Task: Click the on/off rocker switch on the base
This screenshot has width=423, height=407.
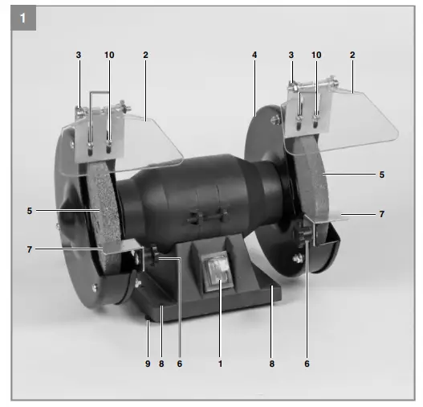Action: coord(218,271)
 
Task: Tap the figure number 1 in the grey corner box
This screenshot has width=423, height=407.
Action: coord(23,18)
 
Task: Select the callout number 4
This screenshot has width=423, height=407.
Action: coord(254,55)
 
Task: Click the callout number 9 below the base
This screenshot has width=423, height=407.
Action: coord(148,364)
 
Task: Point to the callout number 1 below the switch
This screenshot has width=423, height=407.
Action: coord(220,364)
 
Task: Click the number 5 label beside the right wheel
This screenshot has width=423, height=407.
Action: coord(381,175)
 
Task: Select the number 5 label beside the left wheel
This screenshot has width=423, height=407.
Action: coord(30,211)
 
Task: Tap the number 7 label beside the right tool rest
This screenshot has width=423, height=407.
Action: coord(381,214)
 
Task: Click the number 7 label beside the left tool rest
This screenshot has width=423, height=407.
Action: coord(30,249)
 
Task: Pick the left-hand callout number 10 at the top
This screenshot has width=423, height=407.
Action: coord(109,55)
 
